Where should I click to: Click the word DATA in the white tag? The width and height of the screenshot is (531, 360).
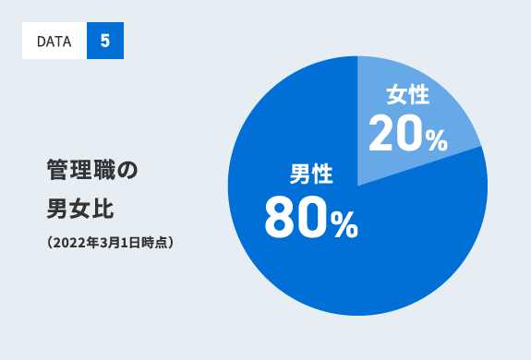pos(54,42)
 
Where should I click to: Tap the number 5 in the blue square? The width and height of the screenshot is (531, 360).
pos(104,42)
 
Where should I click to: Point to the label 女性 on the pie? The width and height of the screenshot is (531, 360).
pos(406,95)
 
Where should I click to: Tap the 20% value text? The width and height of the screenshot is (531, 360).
pos(407,135)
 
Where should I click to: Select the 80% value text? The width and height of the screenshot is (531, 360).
pos(310,220)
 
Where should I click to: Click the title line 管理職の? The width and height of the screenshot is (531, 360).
pos(91,170)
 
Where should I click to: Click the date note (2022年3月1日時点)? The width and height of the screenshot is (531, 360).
pos(110,244)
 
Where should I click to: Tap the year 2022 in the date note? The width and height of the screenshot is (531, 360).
pos(67,244)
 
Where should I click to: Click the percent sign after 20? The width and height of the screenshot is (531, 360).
pos(436,138)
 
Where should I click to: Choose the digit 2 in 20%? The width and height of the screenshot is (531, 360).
pos(381,135)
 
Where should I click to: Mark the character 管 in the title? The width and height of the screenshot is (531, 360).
pos(57,170)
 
